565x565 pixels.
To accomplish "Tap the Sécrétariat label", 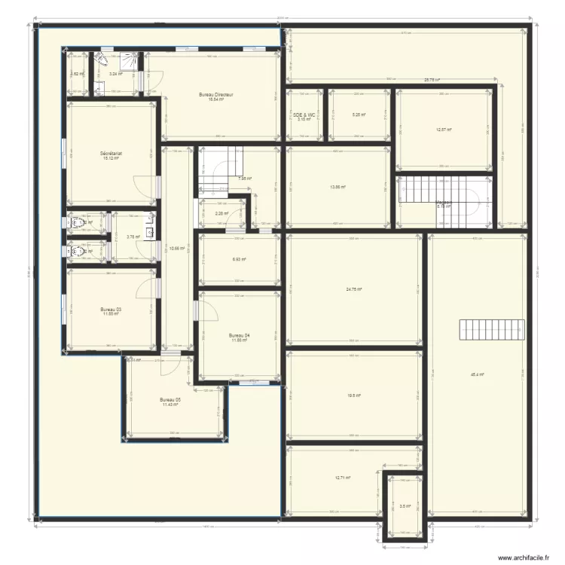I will click(x=111, y=154).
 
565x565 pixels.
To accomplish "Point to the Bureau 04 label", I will click(x=240, y=335).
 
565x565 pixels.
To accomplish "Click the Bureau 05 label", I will click(x=169, y=400).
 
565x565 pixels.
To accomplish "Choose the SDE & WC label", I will click(x=304, y=115).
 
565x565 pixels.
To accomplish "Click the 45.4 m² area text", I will click(x=477, y=374).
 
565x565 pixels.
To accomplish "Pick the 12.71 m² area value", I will click(x=343, y=478).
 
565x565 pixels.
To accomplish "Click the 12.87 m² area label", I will click(x=444, y=130).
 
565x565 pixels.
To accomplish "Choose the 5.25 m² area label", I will click(x=359, y=115).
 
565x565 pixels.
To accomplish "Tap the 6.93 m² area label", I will click(x=240, y=260).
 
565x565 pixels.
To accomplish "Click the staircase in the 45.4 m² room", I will click(x=490, y=330).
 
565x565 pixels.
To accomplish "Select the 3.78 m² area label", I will click(x=134, y=237).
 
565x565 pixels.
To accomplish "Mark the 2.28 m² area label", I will click(x=221, y=213).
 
